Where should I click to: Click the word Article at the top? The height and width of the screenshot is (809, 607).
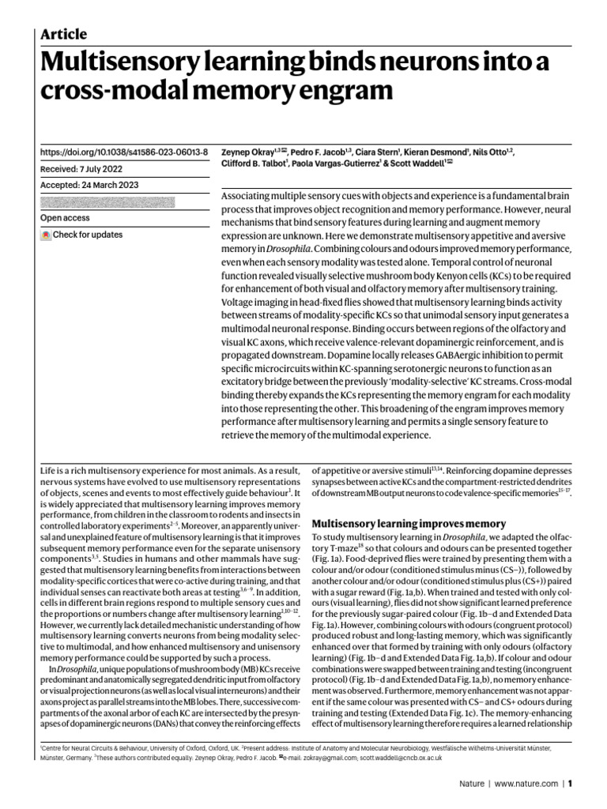pyautogui.click(x=63, y=34)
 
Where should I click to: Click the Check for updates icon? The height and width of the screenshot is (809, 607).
pyautogui.click(x=46, y=235)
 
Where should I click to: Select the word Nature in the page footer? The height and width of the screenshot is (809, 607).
pyautogui.click(x=473, y=784)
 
